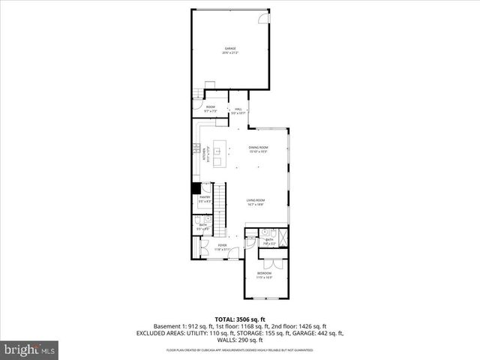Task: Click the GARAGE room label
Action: click(x=229, y=49)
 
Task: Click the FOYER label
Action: click(x=222, y=245)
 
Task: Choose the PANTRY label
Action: click(x=205, y=199)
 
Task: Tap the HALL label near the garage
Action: click(x=238, y=110)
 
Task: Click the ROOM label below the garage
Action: click(x=211, y=107)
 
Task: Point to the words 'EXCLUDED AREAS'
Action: click(x=160, y=332)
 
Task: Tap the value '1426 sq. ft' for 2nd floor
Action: click(x=311, y=326)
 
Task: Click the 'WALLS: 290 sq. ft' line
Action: click(x=239, y=340)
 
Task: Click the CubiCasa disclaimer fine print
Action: click(x=239, y=349)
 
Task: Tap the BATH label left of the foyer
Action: click(x=202, y=224)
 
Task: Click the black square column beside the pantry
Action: click(x=196, y=187)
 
